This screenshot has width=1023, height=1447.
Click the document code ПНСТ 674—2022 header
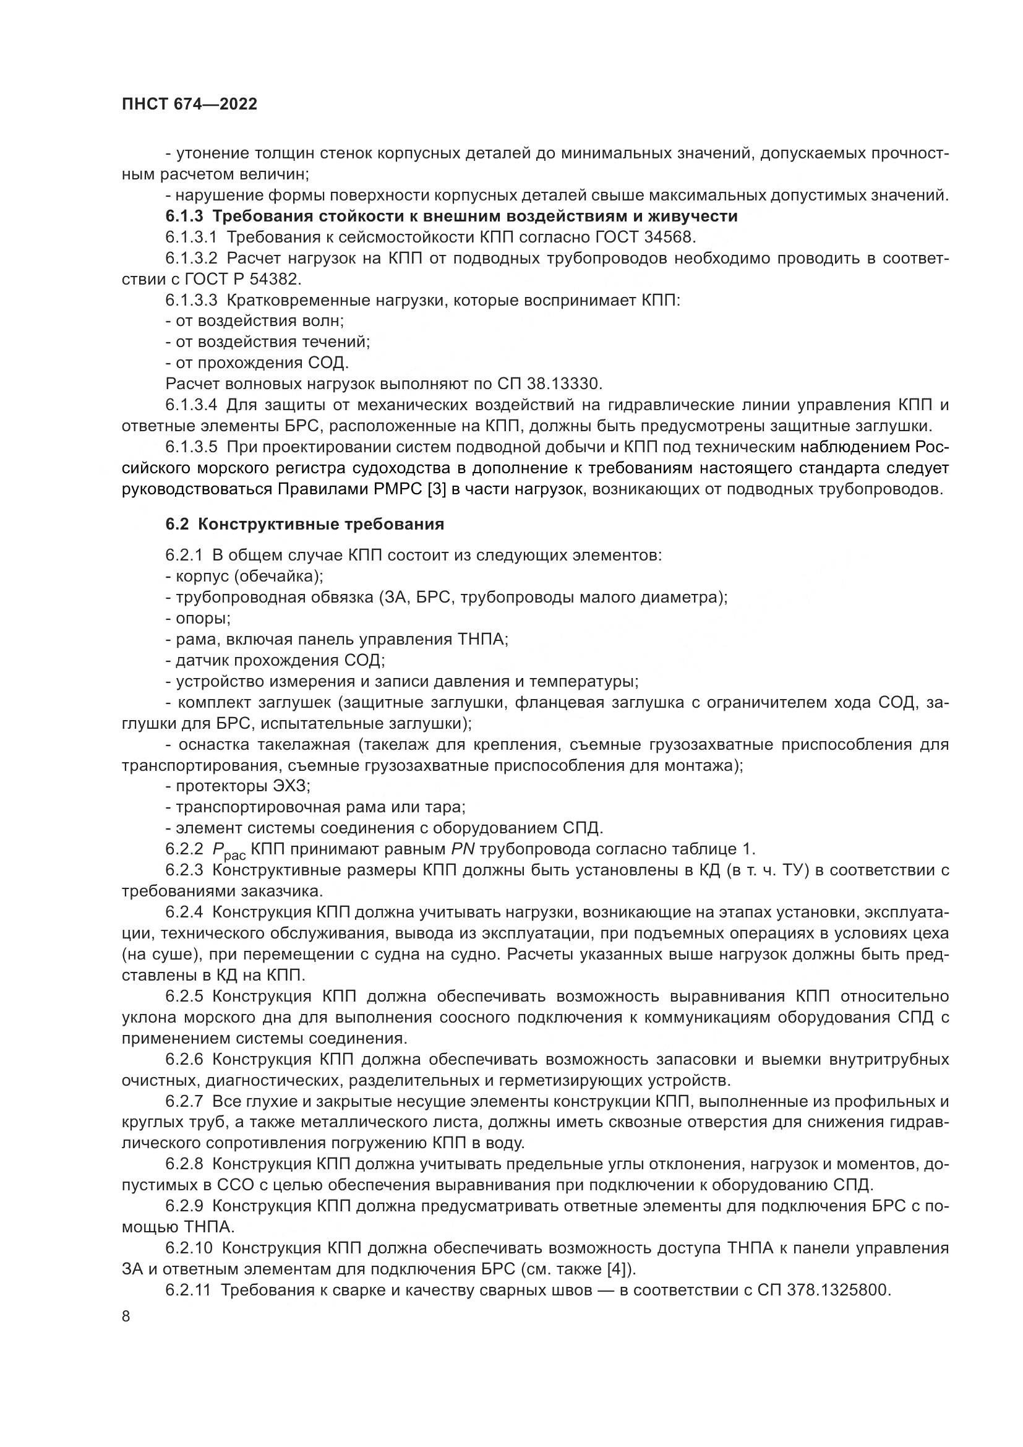[190, 105]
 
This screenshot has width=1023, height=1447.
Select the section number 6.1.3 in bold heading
[184, 216]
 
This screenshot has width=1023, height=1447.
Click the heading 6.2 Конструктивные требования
[305, 525]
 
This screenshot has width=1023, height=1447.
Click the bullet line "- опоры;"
[199, 619]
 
